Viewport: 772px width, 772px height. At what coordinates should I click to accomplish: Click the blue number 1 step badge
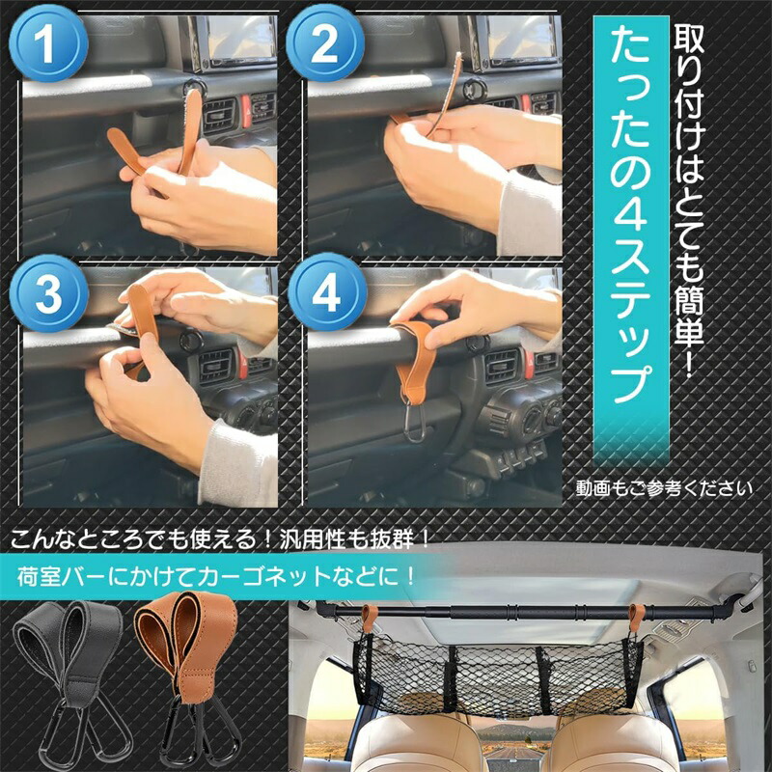[48, 44]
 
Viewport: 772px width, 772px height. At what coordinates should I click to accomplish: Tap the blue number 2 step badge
[325, 44]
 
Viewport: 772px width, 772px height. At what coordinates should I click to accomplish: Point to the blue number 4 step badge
[327, 293]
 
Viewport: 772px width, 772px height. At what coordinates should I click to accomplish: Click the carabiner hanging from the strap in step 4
[415, 422]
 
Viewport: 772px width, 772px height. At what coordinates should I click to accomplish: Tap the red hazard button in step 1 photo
[245, 111]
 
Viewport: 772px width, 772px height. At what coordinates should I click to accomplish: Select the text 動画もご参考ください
[664, 488]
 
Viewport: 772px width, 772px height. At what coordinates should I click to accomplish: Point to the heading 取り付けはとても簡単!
[689, 201]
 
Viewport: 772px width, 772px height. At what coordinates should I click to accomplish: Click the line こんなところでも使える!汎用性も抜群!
[220, 539]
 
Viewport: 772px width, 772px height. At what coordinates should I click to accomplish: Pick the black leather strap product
[69, 675]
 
